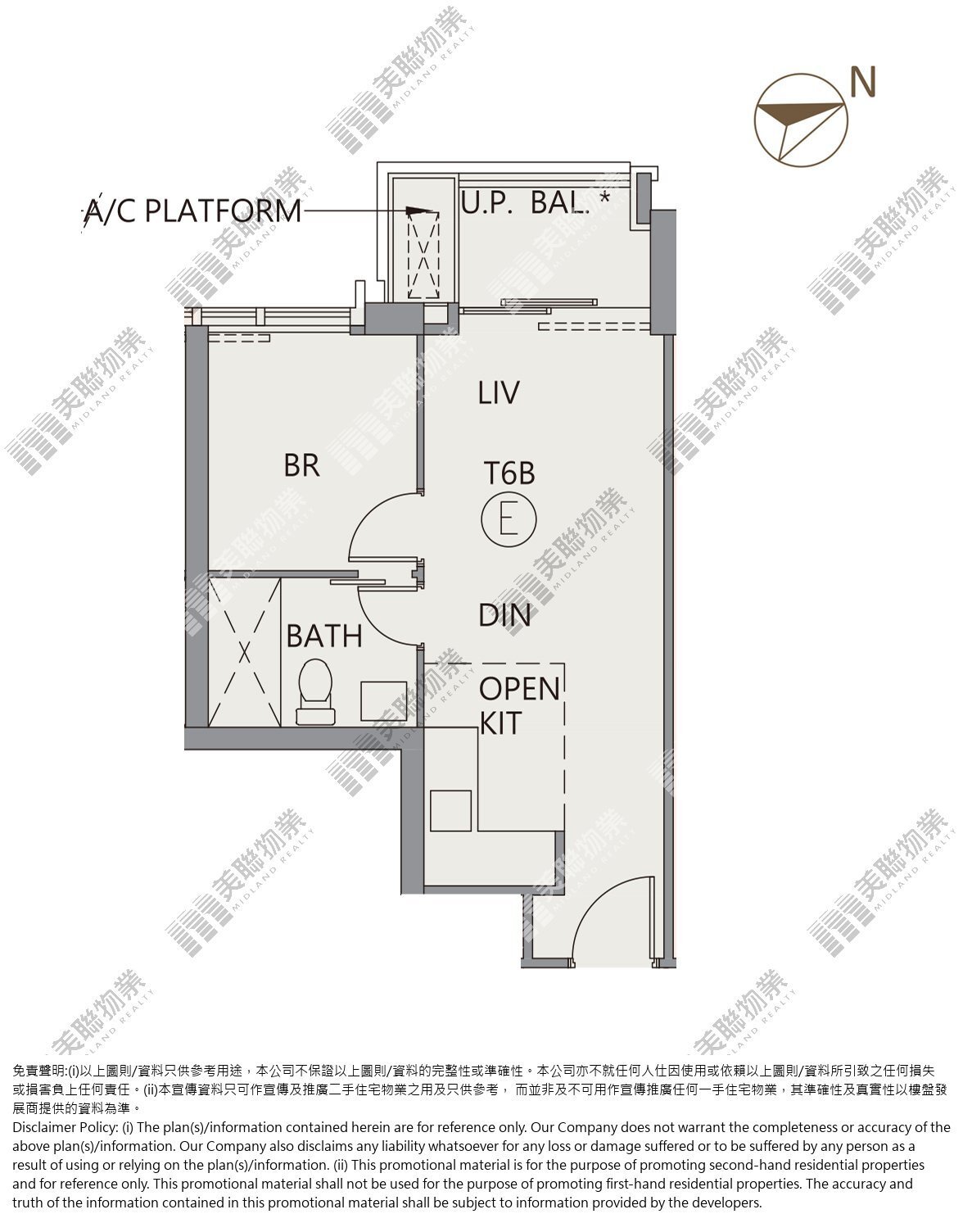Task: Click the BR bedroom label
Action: point(301,465)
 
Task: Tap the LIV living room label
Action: point(499,392)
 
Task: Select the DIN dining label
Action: point(504,615)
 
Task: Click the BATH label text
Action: point(324,636)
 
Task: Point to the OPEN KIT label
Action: point(519,706)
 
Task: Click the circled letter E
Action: point(509,519)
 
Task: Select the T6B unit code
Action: point(509,473)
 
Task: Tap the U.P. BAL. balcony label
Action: point(536,203)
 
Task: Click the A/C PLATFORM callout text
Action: point(192,211)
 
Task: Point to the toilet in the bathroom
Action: point(315,691)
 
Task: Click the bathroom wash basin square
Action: point(384,701)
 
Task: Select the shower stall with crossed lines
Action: point(244,652)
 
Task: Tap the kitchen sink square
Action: point(450,810)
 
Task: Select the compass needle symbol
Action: point(801,120)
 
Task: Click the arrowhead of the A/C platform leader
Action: point(418,211)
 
